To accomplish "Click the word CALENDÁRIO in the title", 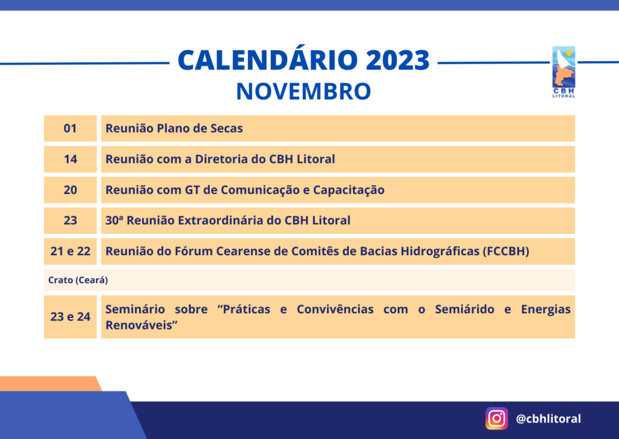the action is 268,60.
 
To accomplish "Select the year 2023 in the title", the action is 398,60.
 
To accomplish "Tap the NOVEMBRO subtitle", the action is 303,91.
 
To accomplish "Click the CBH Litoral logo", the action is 563,72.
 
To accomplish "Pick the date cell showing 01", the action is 70,128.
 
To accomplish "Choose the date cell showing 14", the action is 70,159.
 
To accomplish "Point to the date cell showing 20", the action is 70,190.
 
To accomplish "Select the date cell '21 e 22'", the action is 70,252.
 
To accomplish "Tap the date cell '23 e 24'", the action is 70,317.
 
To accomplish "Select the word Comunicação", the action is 260,190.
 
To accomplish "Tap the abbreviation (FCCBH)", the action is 506,251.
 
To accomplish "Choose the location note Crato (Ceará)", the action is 78,280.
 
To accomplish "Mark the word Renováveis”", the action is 141,325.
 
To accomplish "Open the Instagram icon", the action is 497,418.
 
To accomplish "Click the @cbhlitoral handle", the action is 548,418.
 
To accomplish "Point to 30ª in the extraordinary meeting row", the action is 114,220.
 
